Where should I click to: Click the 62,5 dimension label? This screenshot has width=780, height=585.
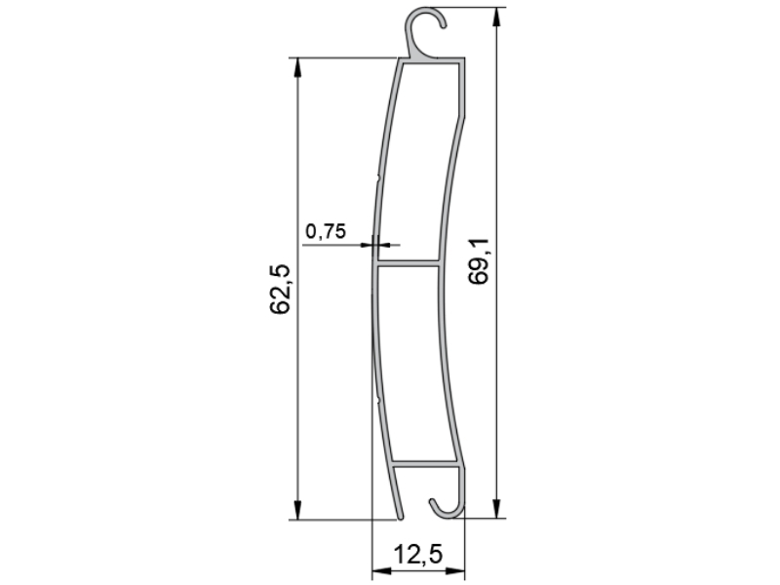pos(280,289)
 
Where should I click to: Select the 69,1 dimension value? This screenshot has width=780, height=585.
pos(479,261)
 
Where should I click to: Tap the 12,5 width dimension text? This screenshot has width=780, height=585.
pos(418,554)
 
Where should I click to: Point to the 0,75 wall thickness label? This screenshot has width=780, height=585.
pos(326,231)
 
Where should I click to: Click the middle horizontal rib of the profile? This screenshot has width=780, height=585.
pos(408,262)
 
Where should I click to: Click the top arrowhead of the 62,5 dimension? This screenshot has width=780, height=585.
pos(297,67)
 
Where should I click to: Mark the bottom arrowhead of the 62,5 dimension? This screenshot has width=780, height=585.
pos(297,510)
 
